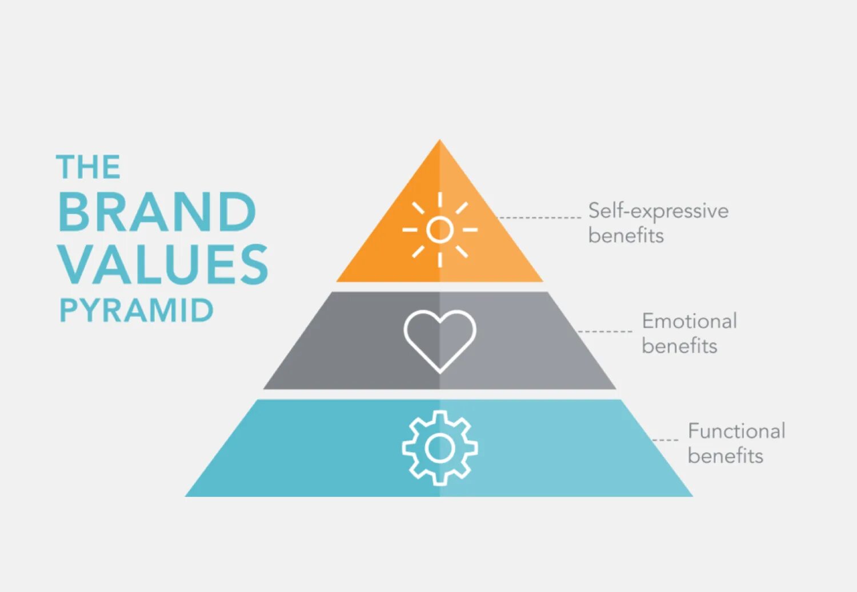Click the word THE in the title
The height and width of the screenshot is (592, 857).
89,167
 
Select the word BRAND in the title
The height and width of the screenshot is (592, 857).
157,212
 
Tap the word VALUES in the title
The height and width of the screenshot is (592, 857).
163,264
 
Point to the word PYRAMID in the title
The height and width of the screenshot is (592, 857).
136,311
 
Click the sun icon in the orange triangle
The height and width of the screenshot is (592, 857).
440,229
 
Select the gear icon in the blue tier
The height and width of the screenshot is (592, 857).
440,448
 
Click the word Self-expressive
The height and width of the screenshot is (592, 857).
658,211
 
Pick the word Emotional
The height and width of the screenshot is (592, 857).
689,321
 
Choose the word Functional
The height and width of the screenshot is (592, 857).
736,431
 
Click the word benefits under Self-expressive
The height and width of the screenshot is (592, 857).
626,235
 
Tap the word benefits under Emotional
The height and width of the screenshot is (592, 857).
679,346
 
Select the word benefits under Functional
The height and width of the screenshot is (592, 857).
725,456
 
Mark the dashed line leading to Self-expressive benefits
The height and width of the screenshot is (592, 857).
540,218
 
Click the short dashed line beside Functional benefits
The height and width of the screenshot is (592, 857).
666,440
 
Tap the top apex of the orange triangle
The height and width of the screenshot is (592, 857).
440,141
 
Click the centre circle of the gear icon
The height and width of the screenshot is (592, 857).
440,448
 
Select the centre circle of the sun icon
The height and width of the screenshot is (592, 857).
440,229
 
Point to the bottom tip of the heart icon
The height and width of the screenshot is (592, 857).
440,372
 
